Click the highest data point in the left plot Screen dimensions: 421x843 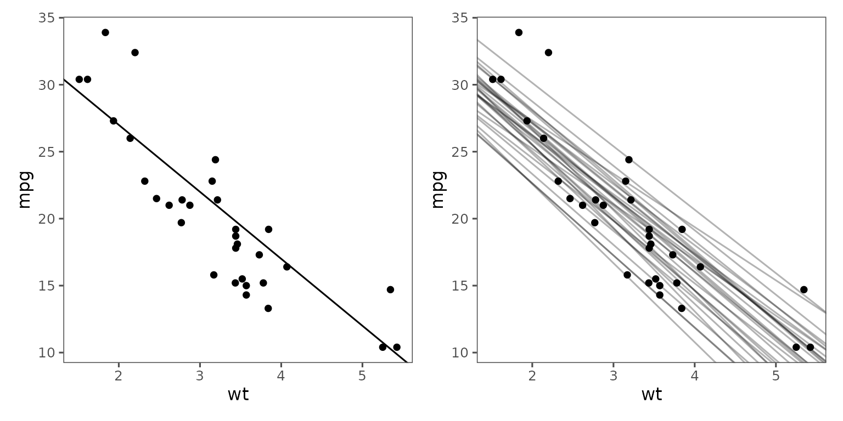[x=105, y=32]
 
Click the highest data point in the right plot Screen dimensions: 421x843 [x=519, y=32]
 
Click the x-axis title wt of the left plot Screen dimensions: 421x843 [x=238, y=395]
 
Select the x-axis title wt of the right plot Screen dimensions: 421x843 [x=651, y=395]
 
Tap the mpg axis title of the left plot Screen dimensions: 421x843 [x=25, y=189]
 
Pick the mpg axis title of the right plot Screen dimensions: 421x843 [x=438, y=189]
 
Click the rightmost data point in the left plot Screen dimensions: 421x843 [x=397, y=347]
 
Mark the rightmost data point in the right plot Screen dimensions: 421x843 [x=810, y=347]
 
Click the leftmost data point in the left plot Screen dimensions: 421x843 [x=79, y=79]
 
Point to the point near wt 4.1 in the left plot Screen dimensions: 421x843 [x=286, y=267]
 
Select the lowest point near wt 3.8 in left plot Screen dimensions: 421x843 [x=268, y=308]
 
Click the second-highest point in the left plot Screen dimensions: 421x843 [x=135, y=53]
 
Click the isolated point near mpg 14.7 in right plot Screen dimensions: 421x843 [x=803, y=289]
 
